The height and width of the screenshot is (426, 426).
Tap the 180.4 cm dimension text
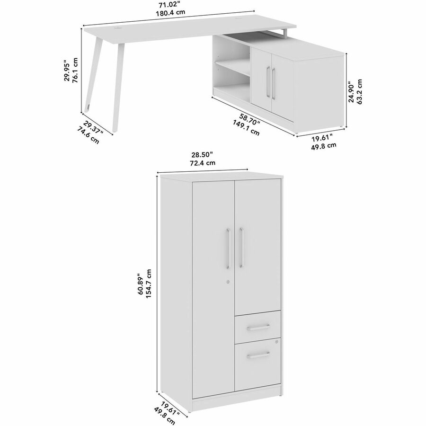pyautogui.click(x=170, y=12)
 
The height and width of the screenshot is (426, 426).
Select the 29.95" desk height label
pyautogui.click(x=67, y=70)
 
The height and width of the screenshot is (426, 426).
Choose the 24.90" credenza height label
pyautogui.click(x=352, y=92)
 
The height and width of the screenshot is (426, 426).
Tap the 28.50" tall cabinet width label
pyautogui.click(x=202, y=155)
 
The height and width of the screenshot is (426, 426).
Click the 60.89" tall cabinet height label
pyautogui.click(x=141, y=284)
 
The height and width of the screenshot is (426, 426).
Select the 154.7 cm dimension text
pyautogui.click(x=148, y=284)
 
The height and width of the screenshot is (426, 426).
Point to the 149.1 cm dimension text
pyautogui.click(x=246, y=128)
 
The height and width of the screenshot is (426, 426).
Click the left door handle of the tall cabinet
pyautogui.click(x=228, y=248)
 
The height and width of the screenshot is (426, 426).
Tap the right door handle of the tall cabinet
pyautogui.click(x=241, y=248)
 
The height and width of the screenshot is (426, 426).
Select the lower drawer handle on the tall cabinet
pyautogui.click(x=258, y=355)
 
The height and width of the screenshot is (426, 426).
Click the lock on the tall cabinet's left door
pyautogui.click(x=228, y=282)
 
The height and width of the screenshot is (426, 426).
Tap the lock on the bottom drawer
pyautogui.click(x=276, y=341)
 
